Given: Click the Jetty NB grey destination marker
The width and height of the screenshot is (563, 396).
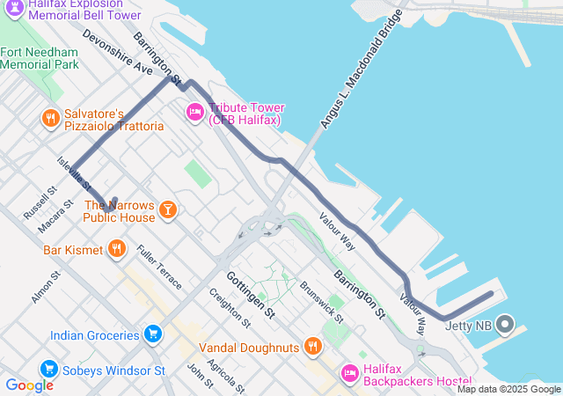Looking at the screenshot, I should tap(505, 325).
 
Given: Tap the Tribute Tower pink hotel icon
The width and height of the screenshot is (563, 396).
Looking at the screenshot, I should tap(194, 112).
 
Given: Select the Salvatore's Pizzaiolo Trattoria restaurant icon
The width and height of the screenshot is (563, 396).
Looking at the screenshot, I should tap(51, 118).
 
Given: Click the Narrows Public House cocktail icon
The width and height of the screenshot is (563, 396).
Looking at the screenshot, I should tap(167, 209).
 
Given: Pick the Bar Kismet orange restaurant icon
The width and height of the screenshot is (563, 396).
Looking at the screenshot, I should tap(116, 249).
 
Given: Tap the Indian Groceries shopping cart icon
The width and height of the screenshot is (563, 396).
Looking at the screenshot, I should tap(154, 334).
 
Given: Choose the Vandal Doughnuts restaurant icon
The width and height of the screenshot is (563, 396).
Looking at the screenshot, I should tap(311, 347).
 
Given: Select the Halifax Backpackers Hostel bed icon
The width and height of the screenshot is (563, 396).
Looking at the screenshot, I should tap(349, 373).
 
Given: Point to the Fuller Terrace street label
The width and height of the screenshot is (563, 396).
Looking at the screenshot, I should tap(158, 268).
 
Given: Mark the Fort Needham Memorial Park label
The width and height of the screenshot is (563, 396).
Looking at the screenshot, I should tap(40, 58).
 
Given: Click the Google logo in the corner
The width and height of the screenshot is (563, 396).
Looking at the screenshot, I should tap(29, 385).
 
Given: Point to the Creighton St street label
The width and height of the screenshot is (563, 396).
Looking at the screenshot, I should tap(225, 307).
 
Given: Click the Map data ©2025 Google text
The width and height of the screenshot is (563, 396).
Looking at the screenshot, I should tap(508, 389).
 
